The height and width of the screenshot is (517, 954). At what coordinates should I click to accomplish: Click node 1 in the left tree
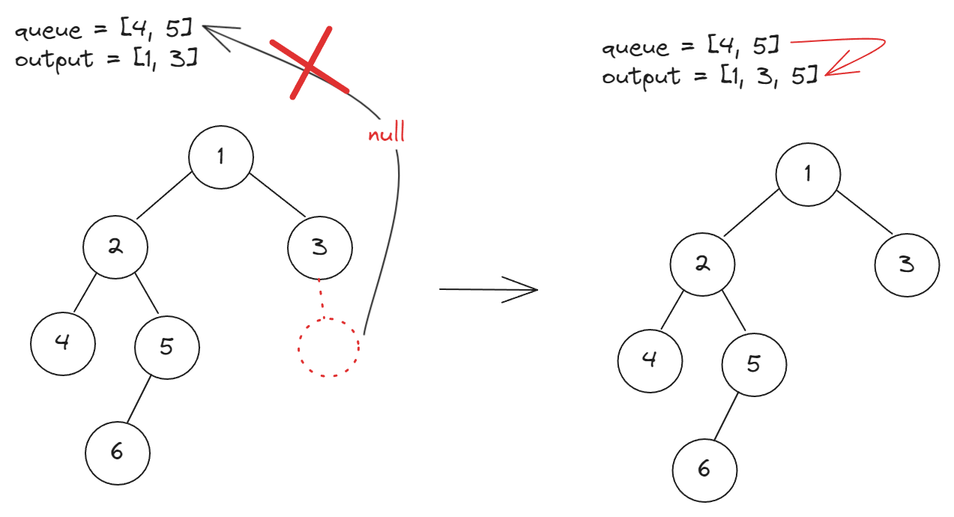(220, 157)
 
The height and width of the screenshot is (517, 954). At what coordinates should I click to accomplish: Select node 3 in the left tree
(319, 247)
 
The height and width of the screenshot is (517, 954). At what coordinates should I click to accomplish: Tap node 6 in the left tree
(117, 452)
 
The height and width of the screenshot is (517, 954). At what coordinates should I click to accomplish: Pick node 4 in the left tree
(63, 342)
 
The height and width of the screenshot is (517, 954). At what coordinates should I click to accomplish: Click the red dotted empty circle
(328, 348)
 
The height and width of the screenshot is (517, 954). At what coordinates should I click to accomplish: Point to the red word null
(386, 134)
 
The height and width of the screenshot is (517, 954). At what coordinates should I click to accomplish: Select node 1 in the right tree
(807, 173)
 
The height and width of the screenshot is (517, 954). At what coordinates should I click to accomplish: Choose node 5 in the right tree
(754, 363)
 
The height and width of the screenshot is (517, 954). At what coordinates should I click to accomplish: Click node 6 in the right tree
(704, 469)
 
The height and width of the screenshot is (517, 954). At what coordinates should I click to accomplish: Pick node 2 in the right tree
(702, 264)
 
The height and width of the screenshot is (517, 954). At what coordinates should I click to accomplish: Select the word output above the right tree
(636, 76)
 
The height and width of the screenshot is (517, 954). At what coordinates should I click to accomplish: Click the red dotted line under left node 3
(321, 298)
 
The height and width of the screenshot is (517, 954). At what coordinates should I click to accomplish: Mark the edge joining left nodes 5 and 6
(138, 401)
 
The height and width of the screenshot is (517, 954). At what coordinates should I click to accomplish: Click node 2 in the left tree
(115, 247)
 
